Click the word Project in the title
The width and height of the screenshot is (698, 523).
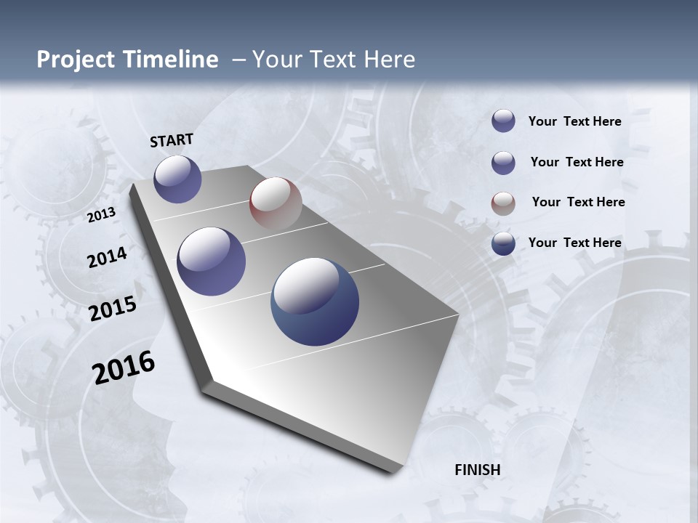(73, 60)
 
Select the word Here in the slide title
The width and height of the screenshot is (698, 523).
(389, 60)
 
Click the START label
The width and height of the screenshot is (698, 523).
(172, 140)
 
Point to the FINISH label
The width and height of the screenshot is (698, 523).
(478, 470)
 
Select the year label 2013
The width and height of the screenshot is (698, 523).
(101, 215)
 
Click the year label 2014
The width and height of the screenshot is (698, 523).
(107, 257)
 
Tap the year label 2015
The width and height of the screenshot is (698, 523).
(112, 309)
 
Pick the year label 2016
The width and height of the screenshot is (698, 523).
(124, 367)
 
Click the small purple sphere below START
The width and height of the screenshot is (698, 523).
(177, 179)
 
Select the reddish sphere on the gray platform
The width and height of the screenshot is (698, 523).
(276, 203)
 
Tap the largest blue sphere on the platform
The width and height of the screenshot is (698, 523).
(315, 301)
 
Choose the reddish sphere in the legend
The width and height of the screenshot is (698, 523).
(503, 203)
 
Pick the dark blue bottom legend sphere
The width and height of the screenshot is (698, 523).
(503, 243)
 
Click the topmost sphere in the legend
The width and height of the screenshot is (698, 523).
(503, 121)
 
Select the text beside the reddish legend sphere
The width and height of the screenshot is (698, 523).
(578, 202)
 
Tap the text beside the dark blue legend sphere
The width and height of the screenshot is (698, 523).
(574, 243)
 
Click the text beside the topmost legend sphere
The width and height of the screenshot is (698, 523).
(574, 121)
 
